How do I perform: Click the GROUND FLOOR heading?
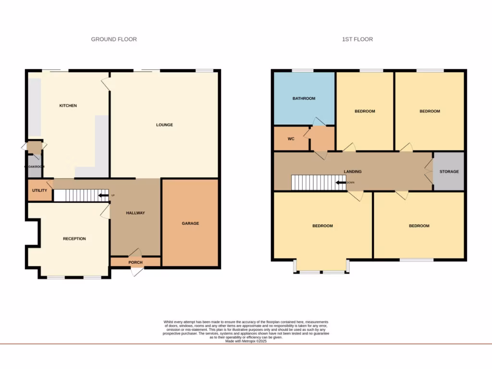114,39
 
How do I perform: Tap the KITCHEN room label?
68,106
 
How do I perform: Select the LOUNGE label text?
164,125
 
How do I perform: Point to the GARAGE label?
190,223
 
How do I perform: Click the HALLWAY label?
135,213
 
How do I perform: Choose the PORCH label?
135,262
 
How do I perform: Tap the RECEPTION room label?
74,239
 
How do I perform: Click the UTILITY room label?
39,190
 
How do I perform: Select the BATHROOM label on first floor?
304,98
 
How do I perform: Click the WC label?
291,139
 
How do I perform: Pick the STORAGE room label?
449,172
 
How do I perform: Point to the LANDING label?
353,172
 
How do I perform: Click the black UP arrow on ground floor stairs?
102,196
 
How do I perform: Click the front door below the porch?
137,271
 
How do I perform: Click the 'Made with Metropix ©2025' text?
246,341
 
